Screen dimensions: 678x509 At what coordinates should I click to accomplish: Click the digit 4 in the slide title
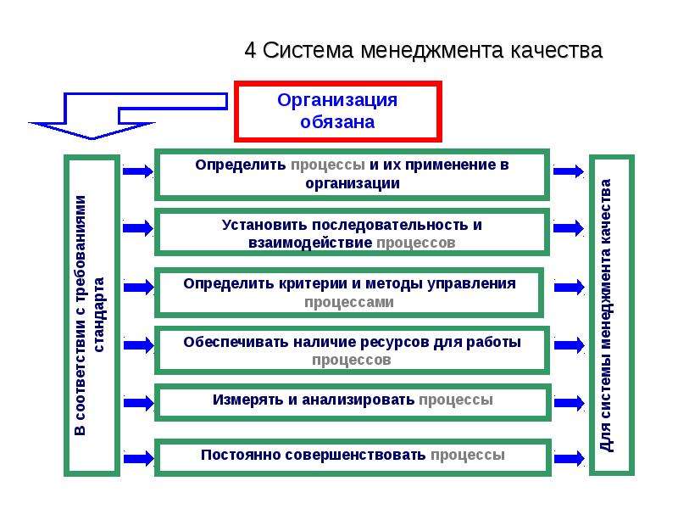pyautogui.click(x=250, y=50)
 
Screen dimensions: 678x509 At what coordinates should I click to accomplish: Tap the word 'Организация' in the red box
pyautogui.click(x=337, y=101)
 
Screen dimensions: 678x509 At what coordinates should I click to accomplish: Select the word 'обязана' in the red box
pyautogui.click(x=337, y=121)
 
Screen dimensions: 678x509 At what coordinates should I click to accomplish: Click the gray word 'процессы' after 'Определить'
pyautogui.click(x=328, y=165)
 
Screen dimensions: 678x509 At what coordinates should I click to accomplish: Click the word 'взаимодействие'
pyautogui.click(x=310, y=243)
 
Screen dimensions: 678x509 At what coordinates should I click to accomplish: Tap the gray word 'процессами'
pyautogui.click(x=349, y=302)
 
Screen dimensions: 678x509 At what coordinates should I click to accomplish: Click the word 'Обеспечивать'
pyautogui.click(x=236, y=342)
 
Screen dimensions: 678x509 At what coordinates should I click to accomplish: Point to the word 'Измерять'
pyautogui.click(x=248, y=400)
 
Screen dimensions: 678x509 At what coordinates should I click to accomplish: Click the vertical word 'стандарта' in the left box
pyautogui.click(x=98, y=315)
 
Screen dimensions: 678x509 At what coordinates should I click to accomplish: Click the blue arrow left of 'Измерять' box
pyautogui.click(x=138, y=403)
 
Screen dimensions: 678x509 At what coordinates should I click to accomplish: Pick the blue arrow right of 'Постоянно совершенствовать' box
pyautogui.click(x=569, y=458)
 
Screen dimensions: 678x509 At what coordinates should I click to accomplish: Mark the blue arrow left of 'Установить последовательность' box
pyautogui.click(x=138, y=227)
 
